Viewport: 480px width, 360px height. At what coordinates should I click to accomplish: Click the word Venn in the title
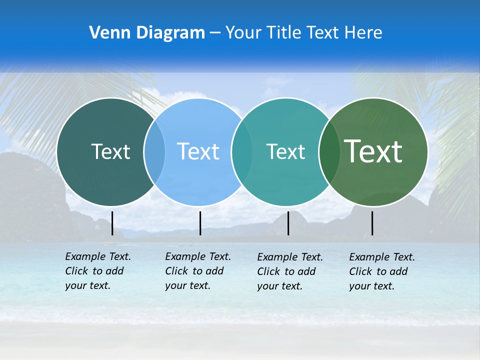(x=106, y=33)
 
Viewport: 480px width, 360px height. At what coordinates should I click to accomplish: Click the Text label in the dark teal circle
(x=110, y=151)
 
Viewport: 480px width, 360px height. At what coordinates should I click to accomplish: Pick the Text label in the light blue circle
(x=198, y=151)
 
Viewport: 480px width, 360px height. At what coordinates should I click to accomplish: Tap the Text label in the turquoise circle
(x=285, y=151)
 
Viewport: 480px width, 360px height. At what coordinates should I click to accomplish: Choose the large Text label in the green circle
(x=373, y=151)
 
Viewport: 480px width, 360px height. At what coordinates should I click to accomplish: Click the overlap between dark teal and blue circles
(x=154, y=152)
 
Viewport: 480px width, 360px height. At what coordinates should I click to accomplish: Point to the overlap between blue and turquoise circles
(x=242, y=152)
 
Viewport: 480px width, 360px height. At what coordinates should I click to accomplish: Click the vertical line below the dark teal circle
(x=112, y=223)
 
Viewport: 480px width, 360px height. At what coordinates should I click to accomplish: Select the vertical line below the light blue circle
(x=200, y=223)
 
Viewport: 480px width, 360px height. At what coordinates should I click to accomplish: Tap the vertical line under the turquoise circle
(x=288, y=223)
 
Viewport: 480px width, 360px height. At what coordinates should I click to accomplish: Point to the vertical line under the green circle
(x=372, y=223)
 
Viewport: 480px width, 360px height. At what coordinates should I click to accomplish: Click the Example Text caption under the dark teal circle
(x=98, y=271)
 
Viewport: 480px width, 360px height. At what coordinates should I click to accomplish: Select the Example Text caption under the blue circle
(x=198, y=271)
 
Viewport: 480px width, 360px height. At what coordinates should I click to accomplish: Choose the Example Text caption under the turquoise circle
(x=290, y=271)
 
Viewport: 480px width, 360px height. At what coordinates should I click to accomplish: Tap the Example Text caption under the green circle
(x=382, y=271)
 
